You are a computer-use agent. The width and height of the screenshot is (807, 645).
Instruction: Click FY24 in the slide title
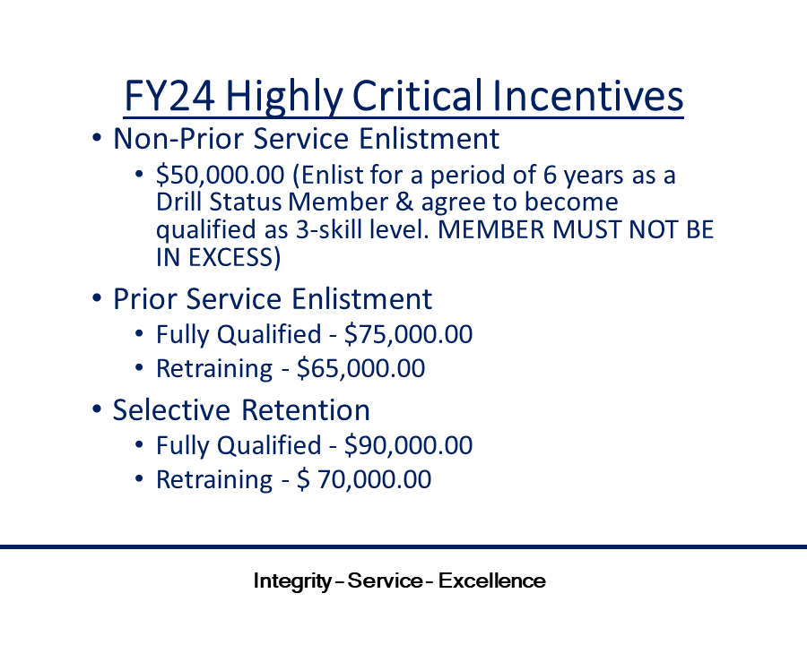coord(169,96)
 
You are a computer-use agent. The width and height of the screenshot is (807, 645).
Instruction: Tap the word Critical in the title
coord(418,96)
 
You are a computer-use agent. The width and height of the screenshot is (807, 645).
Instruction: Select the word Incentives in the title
coord(587,96)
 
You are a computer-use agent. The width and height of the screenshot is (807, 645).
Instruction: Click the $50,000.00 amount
coord(221,175)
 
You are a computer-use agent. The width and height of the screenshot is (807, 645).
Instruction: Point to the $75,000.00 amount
coord(409,334)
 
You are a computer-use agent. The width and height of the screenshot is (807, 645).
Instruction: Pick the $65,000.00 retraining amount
coord(361,368)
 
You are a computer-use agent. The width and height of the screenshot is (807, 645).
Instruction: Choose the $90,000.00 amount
coord(409,445)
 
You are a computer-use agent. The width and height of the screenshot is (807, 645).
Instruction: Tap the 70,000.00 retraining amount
coord(374,479)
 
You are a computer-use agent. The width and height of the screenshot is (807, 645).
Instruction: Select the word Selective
coord(171,410)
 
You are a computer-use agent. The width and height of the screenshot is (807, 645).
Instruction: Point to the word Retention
coord(306,410)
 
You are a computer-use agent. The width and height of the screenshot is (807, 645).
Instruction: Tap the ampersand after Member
coord(405,202)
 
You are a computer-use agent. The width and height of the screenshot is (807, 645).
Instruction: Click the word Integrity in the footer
coord(293,581)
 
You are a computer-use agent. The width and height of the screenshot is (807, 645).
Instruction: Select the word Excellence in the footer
coord(492,580)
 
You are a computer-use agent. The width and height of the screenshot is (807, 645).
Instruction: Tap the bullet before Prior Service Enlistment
coord(96,298)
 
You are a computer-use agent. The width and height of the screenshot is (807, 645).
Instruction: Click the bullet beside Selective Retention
coord(96,409)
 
